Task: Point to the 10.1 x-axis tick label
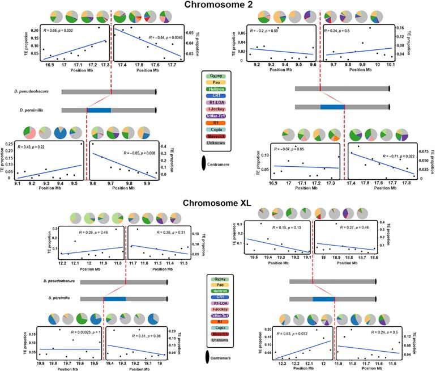tap(390, 66)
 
